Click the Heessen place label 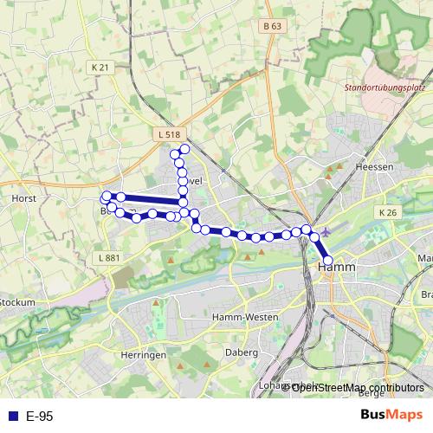coord(374,166)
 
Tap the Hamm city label coord(333,270)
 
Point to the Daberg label coord(242,352)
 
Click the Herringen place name coord(145,355)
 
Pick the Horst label coord(23,197)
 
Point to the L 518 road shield coord(170,134)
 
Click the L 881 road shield coord(109,257)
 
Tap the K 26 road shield coord(387,211)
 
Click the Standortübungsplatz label coord(385,87)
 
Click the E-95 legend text coord(40,416)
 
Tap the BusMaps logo coord(392,415)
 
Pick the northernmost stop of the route coord(184,150)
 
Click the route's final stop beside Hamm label coord(327,260)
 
